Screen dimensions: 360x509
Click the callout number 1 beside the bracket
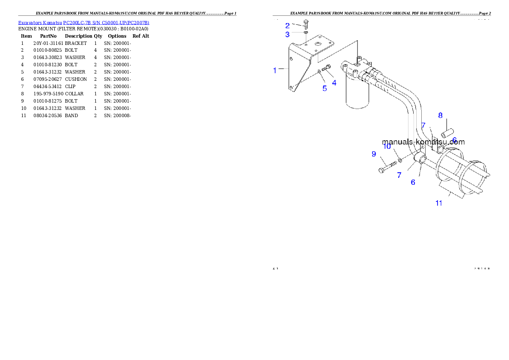click(275, 71)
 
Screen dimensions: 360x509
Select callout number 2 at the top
click(287, 26)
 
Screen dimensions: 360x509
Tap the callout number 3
click(287, 34)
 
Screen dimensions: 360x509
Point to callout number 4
click(334, 83)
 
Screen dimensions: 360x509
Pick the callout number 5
click(325, 89)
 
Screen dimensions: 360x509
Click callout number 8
click(440, 115)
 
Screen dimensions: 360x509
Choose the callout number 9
click(373, 154)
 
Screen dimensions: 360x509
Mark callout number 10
click(387, 146)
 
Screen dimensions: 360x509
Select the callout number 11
click(439, 203)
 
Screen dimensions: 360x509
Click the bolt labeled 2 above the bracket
click(306, 24)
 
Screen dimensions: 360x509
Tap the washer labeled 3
click(307, 32)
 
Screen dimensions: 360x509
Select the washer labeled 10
click(400, 160)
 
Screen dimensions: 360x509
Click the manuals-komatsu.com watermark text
click(423, 142)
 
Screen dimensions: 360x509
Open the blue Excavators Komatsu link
click(83, 23)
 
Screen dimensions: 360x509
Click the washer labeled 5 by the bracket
click(320, 72)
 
